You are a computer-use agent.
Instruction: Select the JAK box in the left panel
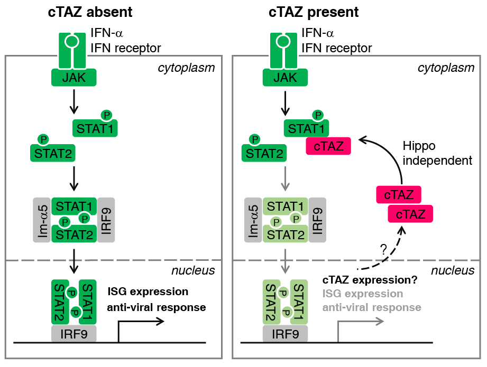[74, 78]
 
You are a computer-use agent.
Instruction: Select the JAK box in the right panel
[286, 78]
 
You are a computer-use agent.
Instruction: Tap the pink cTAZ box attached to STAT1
[328, 146]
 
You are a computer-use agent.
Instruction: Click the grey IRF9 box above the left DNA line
[73, 334]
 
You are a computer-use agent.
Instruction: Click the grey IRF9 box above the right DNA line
[285, 334]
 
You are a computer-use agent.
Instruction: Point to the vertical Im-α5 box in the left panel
[42, 220]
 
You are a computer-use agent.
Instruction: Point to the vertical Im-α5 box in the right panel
[253, 220]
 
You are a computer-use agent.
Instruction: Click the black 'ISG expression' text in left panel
[148, 291]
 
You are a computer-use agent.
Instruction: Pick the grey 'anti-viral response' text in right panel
[372, 307]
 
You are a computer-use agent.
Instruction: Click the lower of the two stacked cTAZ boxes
[410, 214]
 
